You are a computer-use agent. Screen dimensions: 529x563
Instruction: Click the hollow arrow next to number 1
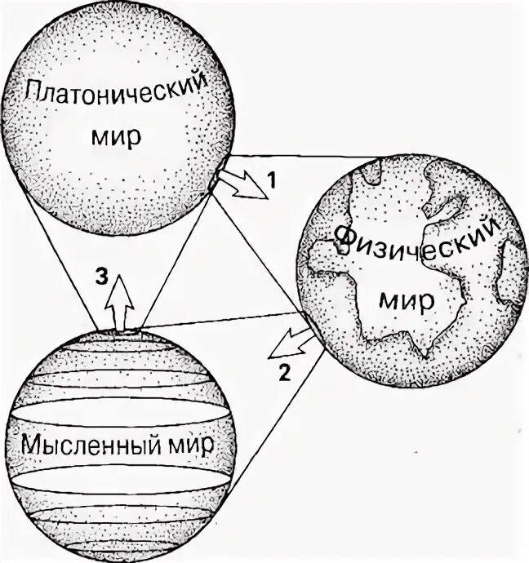pyautogui.click(x=243, y=184)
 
